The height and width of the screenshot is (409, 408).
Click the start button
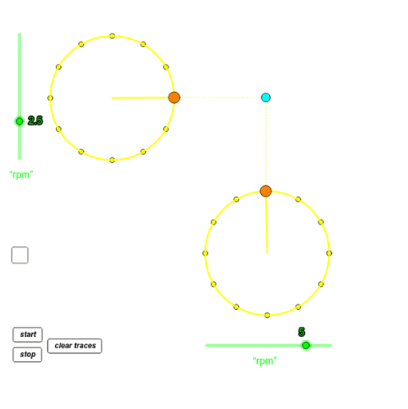(27, 335)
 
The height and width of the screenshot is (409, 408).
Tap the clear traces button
(74, 346)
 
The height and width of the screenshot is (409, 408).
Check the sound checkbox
(19, 255)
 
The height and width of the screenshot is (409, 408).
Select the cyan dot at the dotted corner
(266, 97)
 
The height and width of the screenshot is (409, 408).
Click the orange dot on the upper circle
(174, 97)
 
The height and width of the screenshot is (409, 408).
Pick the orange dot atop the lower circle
(266, 191)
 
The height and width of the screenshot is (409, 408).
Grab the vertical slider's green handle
(19, 121)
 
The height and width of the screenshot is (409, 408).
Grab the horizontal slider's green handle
(306, 345)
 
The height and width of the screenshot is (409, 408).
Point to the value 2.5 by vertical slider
(35, 121)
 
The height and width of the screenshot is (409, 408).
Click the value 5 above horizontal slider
(302, 332)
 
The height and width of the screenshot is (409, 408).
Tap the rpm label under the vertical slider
(21, 174)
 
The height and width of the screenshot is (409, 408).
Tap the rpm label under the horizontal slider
(264, 361)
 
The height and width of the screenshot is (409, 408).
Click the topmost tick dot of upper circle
(112, 36)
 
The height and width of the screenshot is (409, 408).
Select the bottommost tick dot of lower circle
(267, 315)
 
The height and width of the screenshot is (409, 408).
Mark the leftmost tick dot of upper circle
(50, 98)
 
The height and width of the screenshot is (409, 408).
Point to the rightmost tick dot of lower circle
(329, 253)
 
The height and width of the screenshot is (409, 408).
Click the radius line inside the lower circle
(266, 224)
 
